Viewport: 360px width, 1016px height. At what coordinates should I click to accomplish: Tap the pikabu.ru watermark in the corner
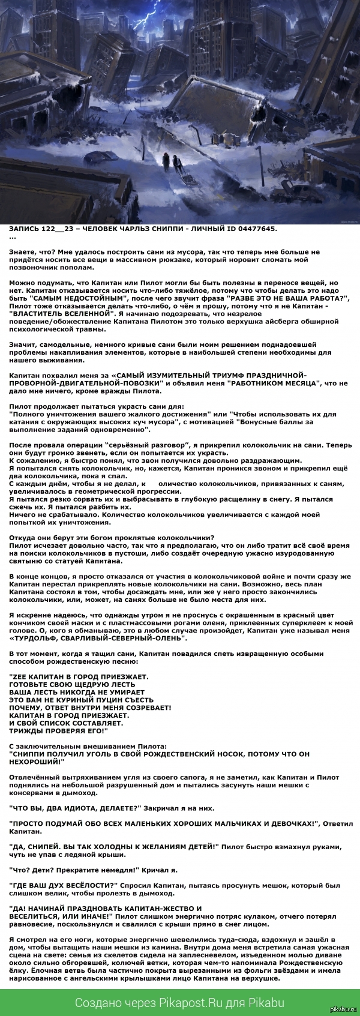click(x=346, y=1011)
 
